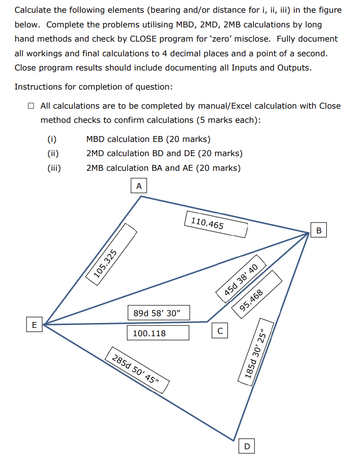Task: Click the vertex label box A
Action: tap(139, 186)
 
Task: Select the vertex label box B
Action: tap(319, 230)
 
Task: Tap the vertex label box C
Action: tap(220, 331)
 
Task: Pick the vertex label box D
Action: tap(247, 446)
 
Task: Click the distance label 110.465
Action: tap(207, 224)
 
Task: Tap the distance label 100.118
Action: tap(149, 333)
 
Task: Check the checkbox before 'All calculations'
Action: tap(31, 106)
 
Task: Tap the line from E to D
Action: tap(142, 381)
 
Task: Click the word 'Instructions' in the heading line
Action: tap(37, 87)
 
